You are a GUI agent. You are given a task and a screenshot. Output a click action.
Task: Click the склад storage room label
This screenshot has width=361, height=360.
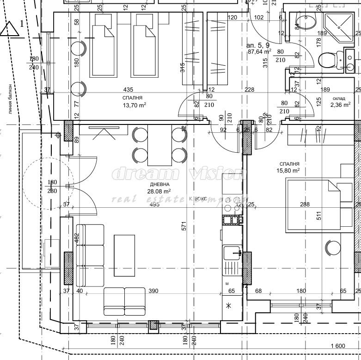click(339, 98)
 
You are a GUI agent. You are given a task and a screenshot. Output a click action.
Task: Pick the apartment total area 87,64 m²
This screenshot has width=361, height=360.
click(259, 52)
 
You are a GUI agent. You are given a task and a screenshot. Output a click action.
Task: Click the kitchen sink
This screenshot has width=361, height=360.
click(232, 253)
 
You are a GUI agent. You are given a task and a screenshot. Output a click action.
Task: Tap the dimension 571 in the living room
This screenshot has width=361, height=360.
click(184, 226)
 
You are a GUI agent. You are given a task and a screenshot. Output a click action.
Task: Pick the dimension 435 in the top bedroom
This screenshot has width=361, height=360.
click(132, 89)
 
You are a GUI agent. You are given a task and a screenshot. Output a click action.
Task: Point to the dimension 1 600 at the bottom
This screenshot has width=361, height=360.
click(338, 346)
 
